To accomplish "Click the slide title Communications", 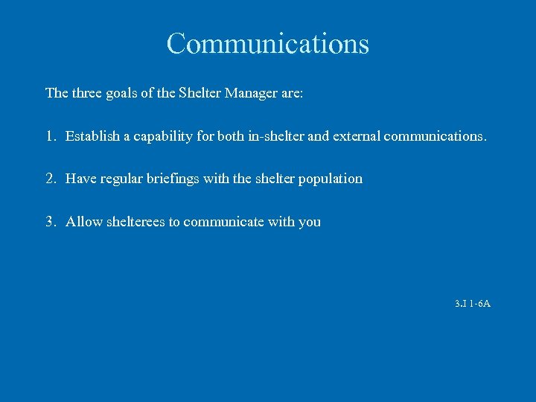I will [268, 44].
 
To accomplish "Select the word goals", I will [121, 94].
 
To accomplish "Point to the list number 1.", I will [51, 136].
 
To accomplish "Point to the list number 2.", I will [51, 179].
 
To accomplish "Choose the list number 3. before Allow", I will [51, 222].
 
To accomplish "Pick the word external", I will [352, 136].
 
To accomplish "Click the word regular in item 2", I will [119, 179].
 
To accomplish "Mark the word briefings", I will [173, 179].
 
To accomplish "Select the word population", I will [331, 179].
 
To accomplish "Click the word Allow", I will [84, 222].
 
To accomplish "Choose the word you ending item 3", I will [310, 223].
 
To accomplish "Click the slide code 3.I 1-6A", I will [472, 304].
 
